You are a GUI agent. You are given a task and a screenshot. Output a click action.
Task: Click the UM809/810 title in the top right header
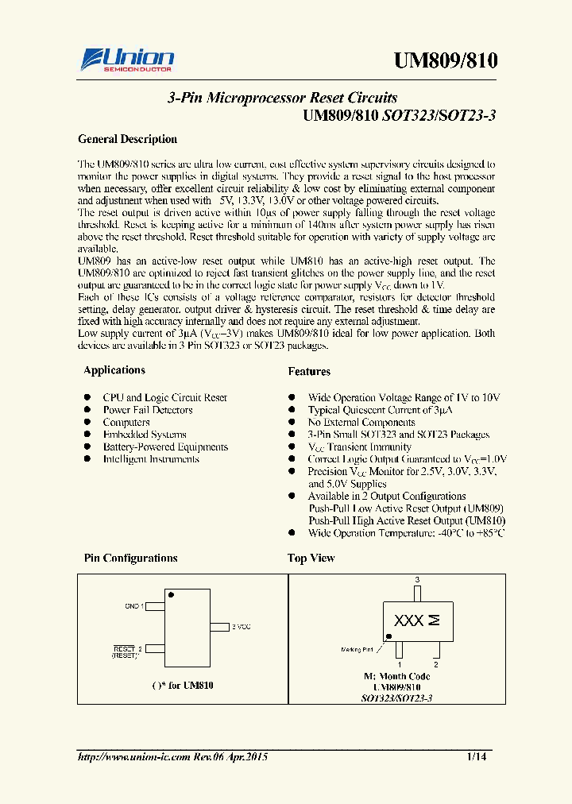coord(446,61)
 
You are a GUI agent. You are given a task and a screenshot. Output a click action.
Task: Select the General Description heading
coord(127,139)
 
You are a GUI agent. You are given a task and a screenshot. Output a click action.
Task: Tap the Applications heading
coord(114,370)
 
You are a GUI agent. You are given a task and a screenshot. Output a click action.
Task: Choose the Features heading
coord(309,371)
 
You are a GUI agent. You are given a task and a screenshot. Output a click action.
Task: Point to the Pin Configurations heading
coord(131,559)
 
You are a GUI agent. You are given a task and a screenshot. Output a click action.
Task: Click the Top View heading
coord(311,559)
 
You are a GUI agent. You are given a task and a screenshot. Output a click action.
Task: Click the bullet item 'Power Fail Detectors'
coord(148,410)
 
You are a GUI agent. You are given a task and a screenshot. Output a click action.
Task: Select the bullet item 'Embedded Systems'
coord(145,435)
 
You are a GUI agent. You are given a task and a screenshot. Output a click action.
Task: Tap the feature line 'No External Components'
coord(361,423)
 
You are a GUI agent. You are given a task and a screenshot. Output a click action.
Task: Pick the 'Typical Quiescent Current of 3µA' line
coord(380,410)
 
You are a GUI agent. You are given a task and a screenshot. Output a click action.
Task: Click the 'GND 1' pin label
coord(133,606)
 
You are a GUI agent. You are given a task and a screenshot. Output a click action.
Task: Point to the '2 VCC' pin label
coord(241,627)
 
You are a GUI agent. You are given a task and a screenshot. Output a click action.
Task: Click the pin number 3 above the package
coord(417,581)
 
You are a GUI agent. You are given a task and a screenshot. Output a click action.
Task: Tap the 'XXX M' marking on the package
coord(416,621)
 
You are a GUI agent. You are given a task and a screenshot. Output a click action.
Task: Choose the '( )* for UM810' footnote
coord(182,685)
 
